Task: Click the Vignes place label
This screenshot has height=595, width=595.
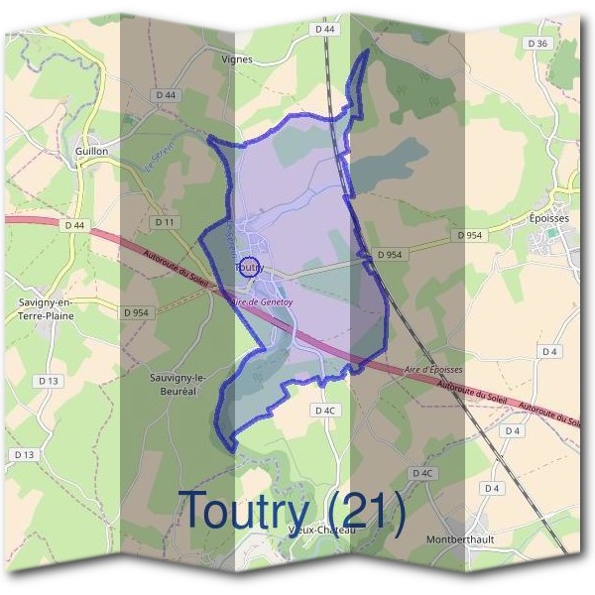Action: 238,59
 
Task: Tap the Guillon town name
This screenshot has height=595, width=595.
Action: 91,151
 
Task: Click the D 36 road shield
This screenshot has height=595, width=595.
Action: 537,44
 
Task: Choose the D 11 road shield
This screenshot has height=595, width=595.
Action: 165,221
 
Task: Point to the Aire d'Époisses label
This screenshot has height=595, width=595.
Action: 434,369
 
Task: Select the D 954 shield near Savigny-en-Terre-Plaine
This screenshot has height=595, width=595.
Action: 136,312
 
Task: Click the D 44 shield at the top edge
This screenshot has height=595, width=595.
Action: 325,31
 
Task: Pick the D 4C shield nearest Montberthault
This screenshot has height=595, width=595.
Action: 423,473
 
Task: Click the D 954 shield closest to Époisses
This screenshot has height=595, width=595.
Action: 472,235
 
